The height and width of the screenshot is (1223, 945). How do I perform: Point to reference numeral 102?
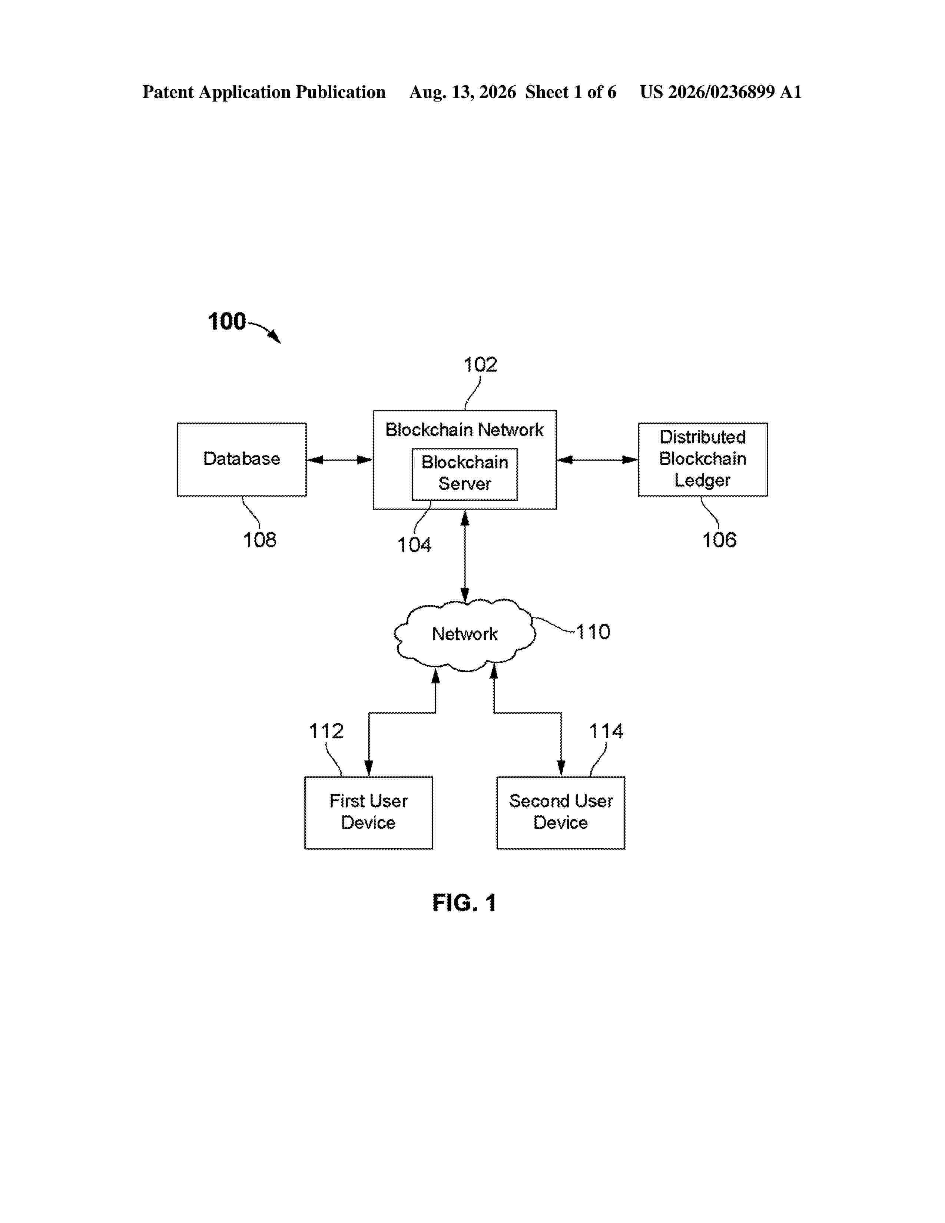(x=480, y=365)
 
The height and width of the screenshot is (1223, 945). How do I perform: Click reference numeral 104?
(x=414, y=545)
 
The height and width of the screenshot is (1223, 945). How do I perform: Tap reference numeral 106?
(x=719, y=540)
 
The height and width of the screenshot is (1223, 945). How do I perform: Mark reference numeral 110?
(x=593, y=632)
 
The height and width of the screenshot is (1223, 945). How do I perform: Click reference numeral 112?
(x=326, y=731)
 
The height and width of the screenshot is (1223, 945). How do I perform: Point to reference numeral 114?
(x=606, y=731)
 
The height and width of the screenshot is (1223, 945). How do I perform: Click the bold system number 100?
(x=227, y=321)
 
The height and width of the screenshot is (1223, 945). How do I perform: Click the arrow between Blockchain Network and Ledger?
(x=597, y=460)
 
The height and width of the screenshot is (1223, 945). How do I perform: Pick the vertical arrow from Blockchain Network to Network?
(x=465, y=557)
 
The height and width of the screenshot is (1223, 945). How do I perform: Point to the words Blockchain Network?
(x=465, y=430)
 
